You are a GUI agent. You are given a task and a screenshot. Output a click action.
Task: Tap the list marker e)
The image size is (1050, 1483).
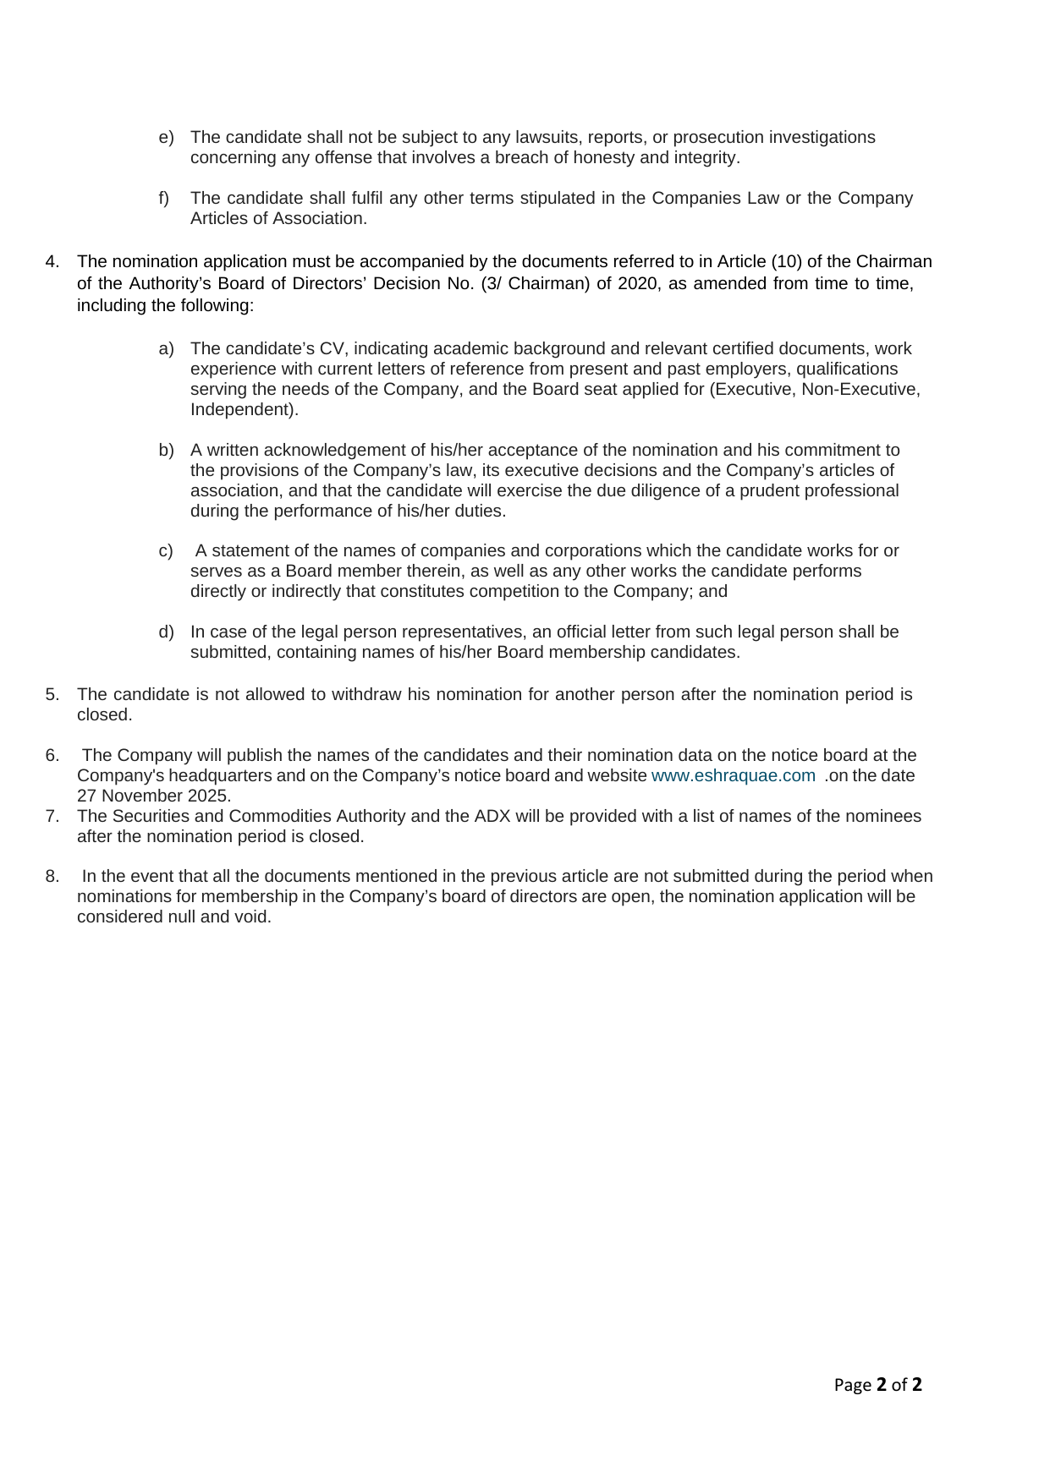click(166, 137)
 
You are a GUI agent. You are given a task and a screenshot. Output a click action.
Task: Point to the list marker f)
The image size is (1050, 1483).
click(164, 198)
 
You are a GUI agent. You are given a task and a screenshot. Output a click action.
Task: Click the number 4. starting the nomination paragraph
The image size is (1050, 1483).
click(52, 261)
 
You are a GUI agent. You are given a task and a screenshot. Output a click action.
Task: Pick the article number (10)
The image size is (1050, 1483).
click(786, 261)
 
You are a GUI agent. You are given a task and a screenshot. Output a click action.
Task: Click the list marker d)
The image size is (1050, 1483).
click(166, 632)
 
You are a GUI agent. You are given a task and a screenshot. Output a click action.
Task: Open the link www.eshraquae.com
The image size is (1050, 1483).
click(733, 775)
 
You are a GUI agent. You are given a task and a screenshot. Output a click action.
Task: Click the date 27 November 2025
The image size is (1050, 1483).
click(153, 796)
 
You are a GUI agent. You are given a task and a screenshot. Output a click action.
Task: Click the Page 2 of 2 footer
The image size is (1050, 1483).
click(877, 1384)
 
